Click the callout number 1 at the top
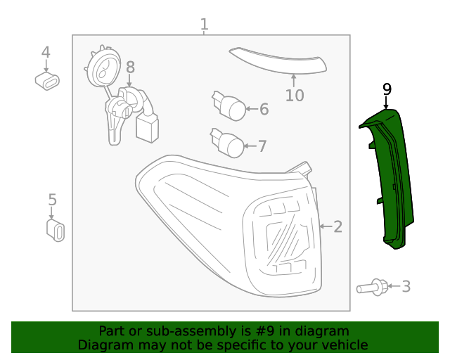[x=204, y=25]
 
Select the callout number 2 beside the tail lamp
[x=337, y=226]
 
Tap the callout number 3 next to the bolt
[x=406, y=286]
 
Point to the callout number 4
[x=46, y=53]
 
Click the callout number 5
[x=52, y=200]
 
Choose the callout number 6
[x=264, y=109]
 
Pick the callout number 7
[x=262, y=146]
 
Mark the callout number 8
[x=130, y=67]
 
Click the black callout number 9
[x=386, y=89]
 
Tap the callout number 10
[x=295, y=95]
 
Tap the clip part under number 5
[x=55, y=230]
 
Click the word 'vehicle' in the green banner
[x=342, y=345]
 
